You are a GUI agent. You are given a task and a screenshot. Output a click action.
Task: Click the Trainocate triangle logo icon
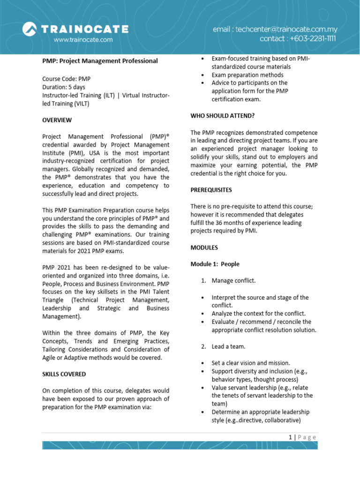[31, 30]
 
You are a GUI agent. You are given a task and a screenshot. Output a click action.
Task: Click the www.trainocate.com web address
[83, 40]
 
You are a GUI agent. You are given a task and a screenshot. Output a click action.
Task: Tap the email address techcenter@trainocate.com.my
[275, 29]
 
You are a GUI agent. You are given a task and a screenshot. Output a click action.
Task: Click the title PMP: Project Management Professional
[100, 61]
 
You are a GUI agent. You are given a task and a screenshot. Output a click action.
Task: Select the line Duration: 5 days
[64, 87]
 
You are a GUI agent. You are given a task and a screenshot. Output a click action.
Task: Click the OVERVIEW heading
[57, 120]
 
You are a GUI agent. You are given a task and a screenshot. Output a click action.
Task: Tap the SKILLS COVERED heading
[64, 374]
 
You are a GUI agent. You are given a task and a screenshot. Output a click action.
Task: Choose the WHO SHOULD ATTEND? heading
[222, 116]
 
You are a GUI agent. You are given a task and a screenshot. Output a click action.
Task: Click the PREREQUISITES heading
[211, 190]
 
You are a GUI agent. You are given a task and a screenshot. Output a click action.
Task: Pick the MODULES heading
[204, 247]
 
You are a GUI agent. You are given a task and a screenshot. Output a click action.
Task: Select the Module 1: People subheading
[215, 264]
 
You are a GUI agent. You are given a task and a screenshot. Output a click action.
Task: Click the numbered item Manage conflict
[233, 281]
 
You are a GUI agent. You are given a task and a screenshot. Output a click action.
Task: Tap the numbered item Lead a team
[228, 346]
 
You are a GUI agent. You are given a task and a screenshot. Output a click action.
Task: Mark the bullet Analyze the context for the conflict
[258, 313]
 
